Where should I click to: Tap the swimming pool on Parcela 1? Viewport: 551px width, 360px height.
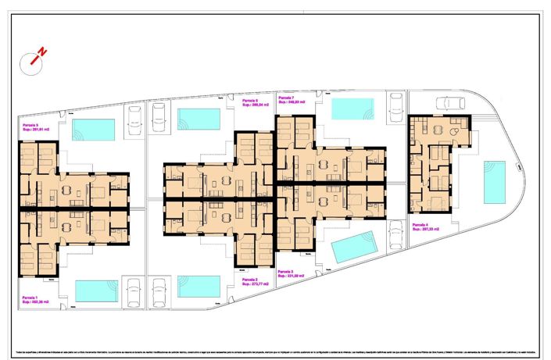pos(96,290)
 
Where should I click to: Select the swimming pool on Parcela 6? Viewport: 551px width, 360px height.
pos(199,119)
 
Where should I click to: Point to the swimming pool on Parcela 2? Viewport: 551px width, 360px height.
pos(199,286)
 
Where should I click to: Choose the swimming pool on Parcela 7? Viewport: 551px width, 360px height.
pos(352,109)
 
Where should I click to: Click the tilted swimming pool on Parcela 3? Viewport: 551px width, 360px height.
pos(354,248)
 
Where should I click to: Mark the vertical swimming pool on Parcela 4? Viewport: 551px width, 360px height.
pos(494,180)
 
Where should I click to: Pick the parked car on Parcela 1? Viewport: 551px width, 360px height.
pos(134,290)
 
